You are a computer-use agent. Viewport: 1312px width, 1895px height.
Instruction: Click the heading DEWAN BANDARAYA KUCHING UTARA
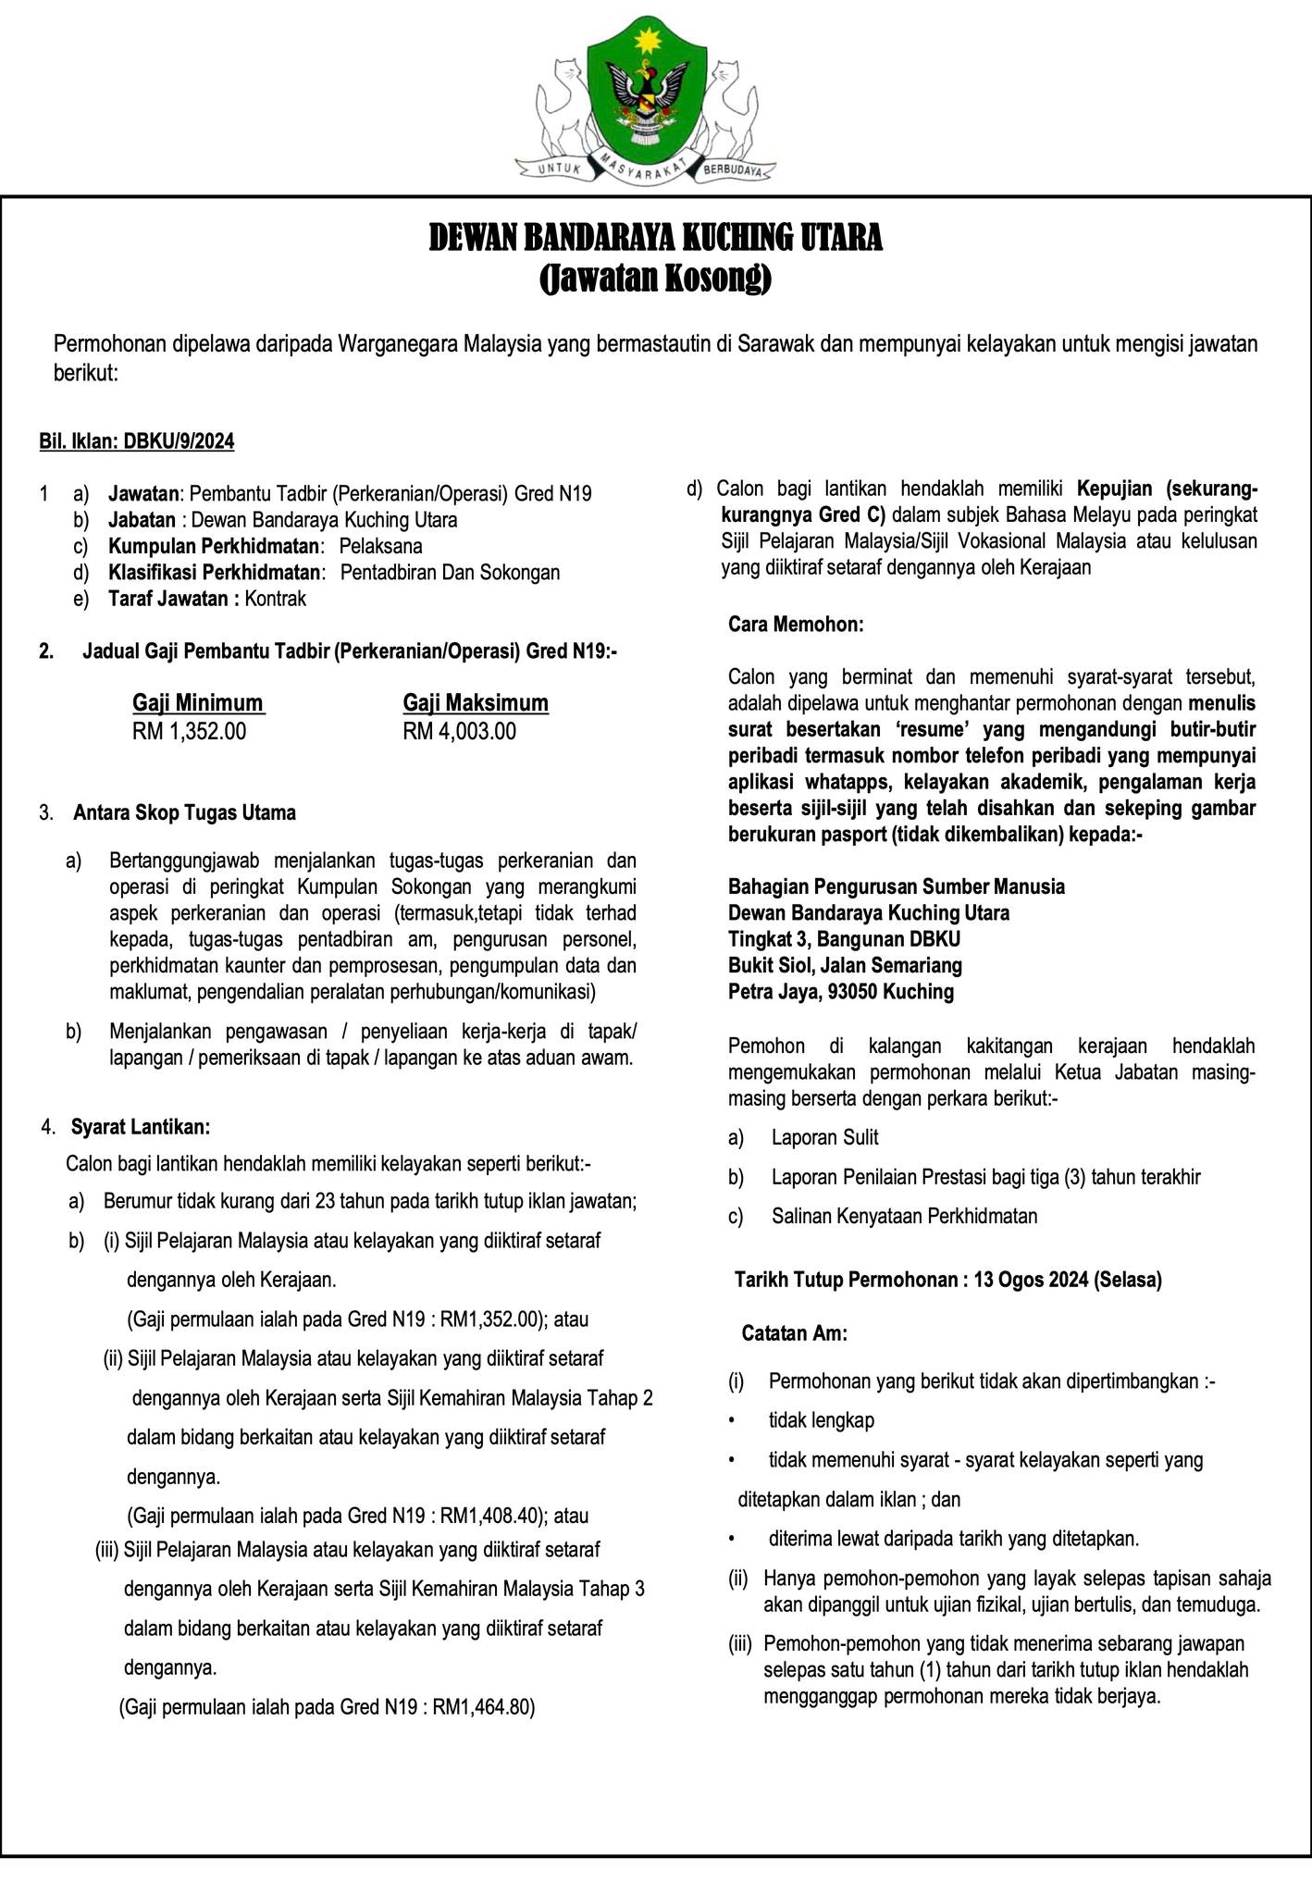click(655, 239)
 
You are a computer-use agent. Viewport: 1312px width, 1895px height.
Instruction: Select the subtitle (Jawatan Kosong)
click(655, 278)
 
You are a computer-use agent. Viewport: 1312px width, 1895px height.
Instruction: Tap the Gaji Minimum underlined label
click(198, 703)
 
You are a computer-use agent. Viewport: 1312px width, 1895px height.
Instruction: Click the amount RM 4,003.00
click(459, 732)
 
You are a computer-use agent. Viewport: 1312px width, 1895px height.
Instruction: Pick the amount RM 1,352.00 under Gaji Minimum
click(190, 732)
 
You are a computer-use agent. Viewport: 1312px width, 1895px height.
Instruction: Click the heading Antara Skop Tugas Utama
click(185, 813)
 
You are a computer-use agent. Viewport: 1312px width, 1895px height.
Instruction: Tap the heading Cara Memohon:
click(796, 625)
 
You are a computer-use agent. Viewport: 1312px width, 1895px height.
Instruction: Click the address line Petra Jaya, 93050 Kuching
click(841, 992)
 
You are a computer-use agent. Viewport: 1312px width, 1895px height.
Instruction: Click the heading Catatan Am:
click(795, 1333)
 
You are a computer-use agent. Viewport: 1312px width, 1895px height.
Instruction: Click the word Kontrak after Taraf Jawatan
click(276, 599)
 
